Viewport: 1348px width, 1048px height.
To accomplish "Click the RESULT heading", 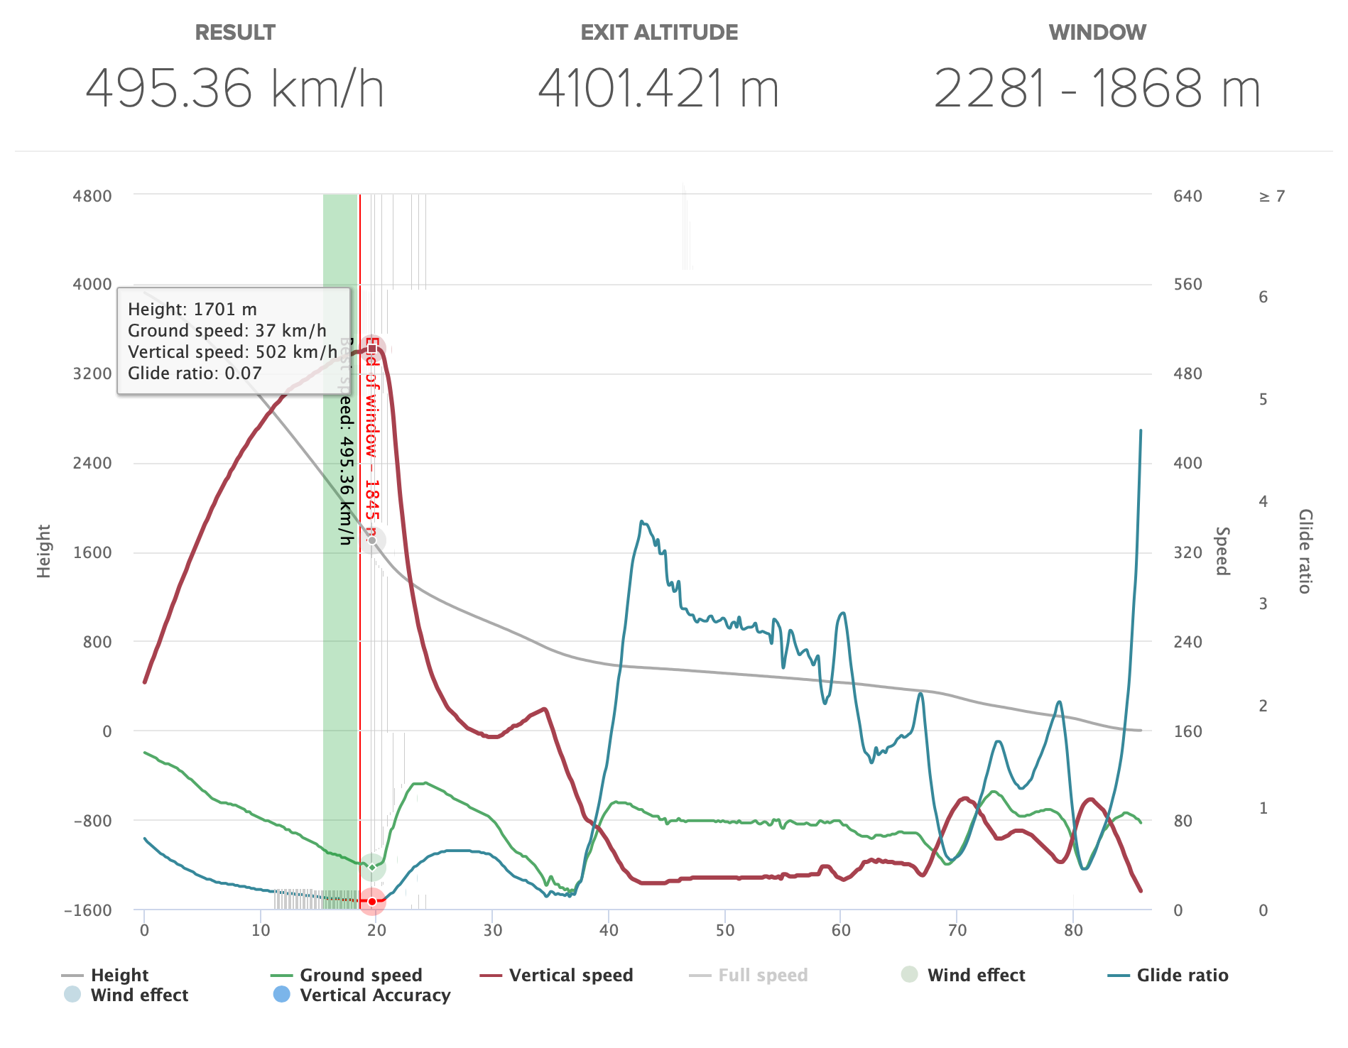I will click(235, 33).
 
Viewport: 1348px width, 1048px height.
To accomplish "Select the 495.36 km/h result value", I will click(235, 89).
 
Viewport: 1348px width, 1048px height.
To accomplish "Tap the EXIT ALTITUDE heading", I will click(659, 33).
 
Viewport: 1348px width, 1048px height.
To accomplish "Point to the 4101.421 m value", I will click(659, 89).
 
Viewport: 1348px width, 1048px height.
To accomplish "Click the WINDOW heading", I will click(1097, 33).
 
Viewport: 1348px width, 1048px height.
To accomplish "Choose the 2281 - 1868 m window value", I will click(1097, 89).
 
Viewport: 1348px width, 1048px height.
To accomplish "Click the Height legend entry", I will click(119, 975).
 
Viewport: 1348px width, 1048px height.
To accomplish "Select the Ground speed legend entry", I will click(361, 975).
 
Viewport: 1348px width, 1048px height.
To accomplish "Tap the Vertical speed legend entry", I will click(570, 975).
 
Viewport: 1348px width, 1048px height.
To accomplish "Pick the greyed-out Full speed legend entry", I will click(763, 975).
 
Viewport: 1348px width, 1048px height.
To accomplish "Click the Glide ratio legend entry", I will click(1182, 975).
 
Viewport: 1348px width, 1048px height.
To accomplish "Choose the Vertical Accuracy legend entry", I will click(374, 995).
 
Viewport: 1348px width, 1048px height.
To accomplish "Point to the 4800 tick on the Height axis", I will click(92, 196).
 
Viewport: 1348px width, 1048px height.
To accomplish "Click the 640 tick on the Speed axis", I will click(1187, 196).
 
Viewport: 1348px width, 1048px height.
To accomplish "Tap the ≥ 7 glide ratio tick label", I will click(1272, 196).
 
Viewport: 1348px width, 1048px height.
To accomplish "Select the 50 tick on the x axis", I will click(724, 930).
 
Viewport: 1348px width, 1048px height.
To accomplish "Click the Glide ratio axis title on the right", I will click(1305, 551).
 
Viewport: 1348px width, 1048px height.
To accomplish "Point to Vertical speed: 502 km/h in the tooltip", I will click(232, 352).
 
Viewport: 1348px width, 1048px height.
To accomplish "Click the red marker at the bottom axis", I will click(372, 901).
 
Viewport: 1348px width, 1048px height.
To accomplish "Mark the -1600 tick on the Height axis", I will click(88, 910).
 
